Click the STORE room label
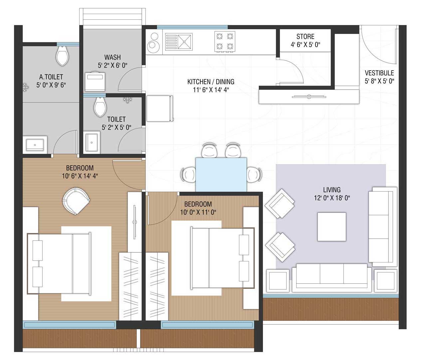tap(305, 37)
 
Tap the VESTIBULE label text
tap(379, 73)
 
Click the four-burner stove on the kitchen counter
tap(225, 41)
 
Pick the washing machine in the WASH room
tap(95, 82)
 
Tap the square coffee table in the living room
tap(331, 226)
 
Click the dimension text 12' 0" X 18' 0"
tap(332, 198)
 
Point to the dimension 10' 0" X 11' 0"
tap(198, 212)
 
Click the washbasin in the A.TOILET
tap(35, 145)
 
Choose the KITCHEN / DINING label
tap(211, 82)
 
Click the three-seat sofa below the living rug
tap(332, 278)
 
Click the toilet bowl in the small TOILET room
tap(100, 107)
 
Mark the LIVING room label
tap(332, 190)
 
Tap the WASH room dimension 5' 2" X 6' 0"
tap(112, 66)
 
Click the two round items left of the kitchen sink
tap(153, 42)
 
